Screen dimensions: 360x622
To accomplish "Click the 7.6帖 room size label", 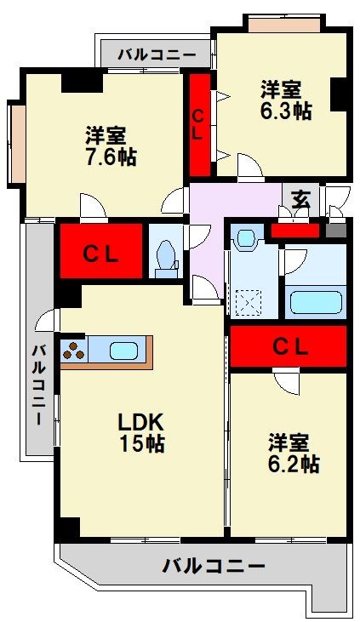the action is click(x=111, y=157).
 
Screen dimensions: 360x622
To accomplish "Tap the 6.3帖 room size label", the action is click(x=286, y=111).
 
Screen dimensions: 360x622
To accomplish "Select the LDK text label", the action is click(x=141, y=423).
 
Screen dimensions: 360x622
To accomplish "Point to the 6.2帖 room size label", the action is click(x=294, y=464).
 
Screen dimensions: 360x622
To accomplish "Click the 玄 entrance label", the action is click(x=301, y=199).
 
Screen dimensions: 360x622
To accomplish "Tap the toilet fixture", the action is click(x=166, y=258).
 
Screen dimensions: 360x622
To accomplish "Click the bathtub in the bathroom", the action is click(x=316, y=303).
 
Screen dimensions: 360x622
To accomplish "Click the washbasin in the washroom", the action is click(x=245, y=238).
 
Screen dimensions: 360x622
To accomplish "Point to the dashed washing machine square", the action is click(x=248, y=303).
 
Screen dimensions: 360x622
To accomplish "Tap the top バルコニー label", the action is click(x=157, y=54).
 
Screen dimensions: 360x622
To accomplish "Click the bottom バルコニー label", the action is click(x=213, y=566).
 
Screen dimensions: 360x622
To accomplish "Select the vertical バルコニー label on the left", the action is click(x=38, y=385).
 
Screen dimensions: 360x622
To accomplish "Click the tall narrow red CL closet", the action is click(x=199, y=125).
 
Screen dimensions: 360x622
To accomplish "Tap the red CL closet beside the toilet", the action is click(x=101, y=251).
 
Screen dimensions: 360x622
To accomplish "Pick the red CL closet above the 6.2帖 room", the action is click(x=289, y=346).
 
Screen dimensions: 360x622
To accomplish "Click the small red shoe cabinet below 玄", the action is click(x=295, y=231).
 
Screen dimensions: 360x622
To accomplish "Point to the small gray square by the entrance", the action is click(x=336, y=231).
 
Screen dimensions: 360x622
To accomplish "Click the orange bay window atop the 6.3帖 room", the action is click(x=284, y=24).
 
